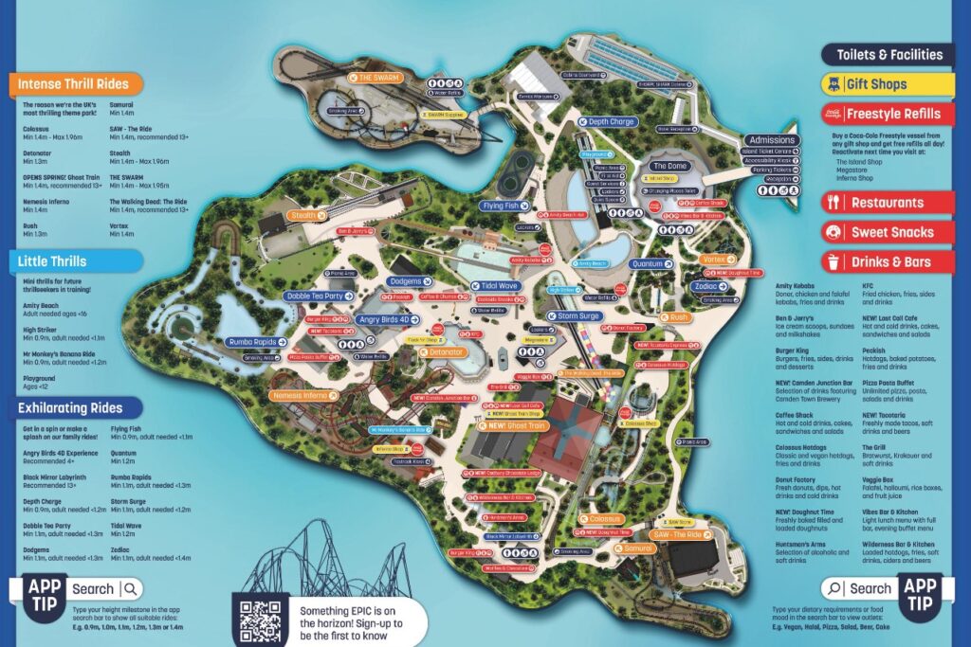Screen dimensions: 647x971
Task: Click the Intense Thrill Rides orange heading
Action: (x=72, y=84)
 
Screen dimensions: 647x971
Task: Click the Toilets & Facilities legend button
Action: (x=889, y=55)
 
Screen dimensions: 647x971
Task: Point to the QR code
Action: (x=260, y=620)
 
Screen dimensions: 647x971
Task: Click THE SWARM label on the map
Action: (x=377, y=78)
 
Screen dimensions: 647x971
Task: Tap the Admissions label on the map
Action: (x=771, y=140)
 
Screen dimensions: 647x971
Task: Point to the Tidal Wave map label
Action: (x=497, y=286)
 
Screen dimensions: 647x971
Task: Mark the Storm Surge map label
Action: (x=577, y=315)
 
